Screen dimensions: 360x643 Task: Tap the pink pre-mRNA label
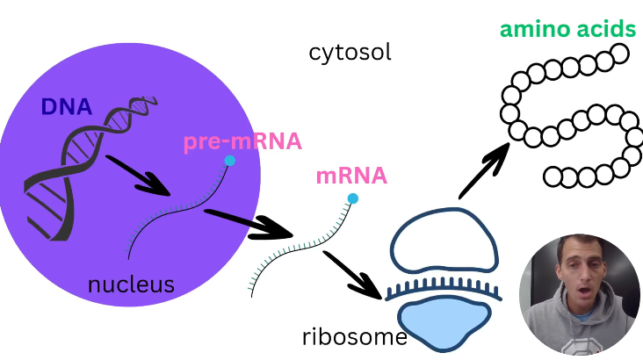click(x=242, y=142)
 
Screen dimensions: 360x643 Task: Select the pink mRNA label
click(x=351, y=176)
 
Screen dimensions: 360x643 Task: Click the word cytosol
click(x=350, y=53)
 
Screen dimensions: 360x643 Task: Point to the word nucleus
click(x=131, y=284)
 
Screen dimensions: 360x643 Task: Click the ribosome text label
click(x=354, y=337)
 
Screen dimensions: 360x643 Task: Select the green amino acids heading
click(x=567, y=29)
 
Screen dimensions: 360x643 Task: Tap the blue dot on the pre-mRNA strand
click(x=230, y=161)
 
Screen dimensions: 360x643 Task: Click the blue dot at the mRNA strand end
click(x=353, y=198)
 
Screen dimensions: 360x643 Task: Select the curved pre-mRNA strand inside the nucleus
click(x=176, y=213)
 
